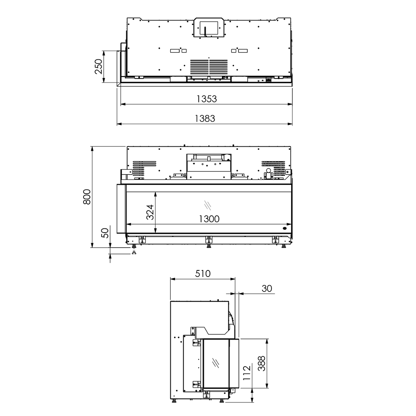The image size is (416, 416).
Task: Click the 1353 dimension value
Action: pos(206,99)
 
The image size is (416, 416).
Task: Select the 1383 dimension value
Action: pos(205,119)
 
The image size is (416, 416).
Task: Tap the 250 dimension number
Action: pos(99,66)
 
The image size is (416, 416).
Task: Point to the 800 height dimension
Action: pos(87,197)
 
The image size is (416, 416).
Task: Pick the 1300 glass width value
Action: pos(209,219)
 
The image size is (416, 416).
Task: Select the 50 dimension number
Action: pos(105,233)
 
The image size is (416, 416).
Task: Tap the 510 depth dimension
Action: pos(203,273)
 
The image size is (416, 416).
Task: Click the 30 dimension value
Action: pos(267,289)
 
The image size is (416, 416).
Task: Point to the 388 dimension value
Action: pos(262,363)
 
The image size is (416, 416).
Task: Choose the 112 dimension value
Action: pos(247,373)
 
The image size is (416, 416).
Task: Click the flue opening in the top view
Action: pos(208,27)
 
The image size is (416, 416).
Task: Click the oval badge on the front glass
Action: pos(285,228)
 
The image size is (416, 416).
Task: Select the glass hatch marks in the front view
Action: pos(207,205)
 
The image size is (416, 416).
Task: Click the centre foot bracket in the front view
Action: pos(208,240)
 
